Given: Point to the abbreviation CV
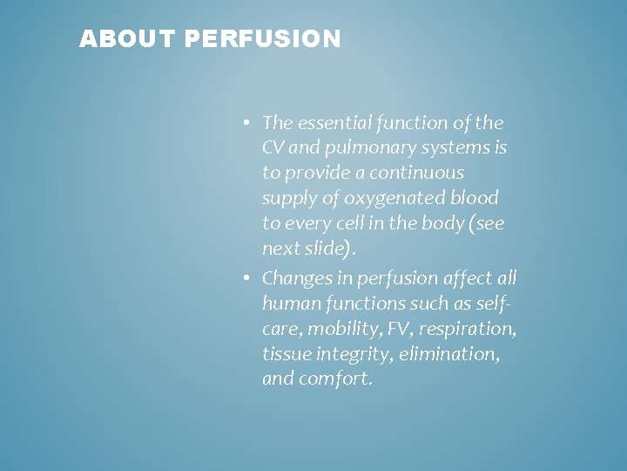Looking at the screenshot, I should point(272,147).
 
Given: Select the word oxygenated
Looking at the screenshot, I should point(379,198).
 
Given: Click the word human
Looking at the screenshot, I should point(286,304).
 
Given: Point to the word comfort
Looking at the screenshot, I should point(334,379).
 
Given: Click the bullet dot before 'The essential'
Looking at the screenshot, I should point(248,123).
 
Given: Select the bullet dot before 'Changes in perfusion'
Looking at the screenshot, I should point(248,278).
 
